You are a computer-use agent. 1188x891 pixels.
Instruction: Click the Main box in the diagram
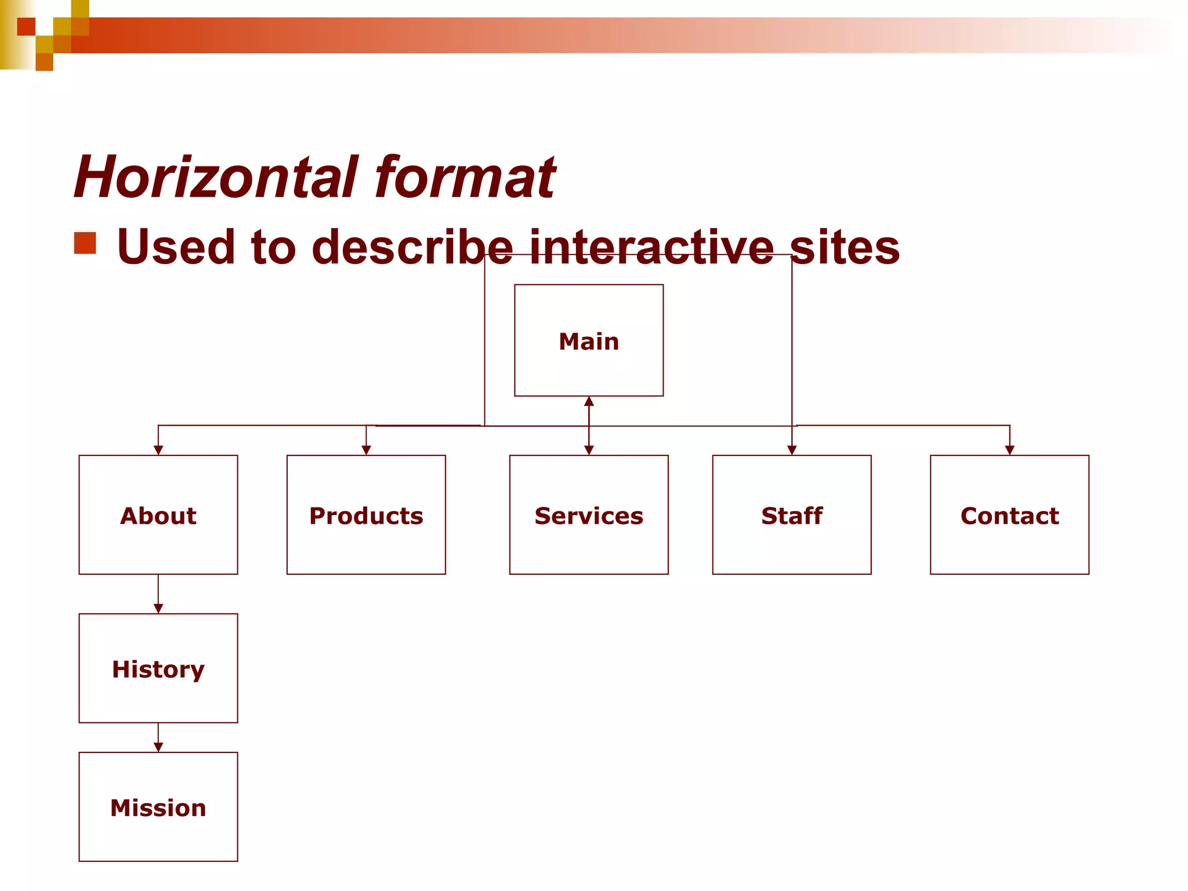589,341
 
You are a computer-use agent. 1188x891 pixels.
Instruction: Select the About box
158,515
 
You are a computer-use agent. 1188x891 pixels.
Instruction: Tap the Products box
366,515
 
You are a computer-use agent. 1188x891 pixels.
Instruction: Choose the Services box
589,515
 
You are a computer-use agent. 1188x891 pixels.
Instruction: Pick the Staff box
792,515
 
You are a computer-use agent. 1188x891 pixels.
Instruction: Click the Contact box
1009,515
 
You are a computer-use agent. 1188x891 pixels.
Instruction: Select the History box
158,668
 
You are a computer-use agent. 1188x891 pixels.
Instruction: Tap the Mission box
158,807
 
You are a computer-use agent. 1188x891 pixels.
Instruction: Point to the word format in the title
465,177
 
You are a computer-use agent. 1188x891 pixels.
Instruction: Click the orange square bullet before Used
85,243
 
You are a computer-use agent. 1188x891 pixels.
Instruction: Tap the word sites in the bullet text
845,247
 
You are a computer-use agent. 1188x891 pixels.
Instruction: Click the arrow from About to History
158,595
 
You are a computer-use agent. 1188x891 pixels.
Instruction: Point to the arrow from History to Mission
158,738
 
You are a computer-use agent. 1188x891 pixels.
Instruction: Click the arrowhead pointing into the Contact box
1009,450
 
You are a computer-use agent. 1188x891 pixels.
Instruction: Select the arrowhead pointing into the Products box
366,450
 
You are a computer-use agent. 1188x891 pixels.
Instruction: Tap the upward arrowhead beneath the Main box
589,401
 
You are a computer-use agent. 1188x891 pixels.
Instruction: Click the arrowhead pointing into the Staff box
792,450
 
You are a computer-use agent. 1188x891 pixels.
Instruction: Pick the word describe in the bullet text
412,247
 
